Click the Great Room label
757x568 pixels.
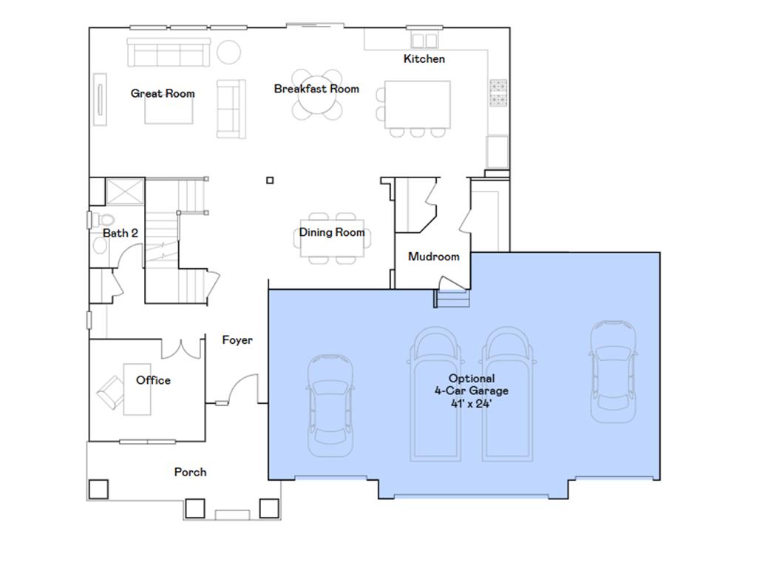click(x=163, y=93)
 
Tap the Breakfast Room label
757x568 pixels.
click(x=316, y=89)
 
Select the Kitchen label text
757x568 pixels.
click(x=424, y=58)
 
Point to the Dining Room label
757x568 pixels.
click(x=332, y=232)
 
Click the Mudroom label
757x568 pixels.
click(x=434, y=257)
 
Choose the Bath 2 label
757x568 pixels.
click(x=120, y=233)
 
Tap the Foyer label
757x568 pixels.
click(x=237, y=340)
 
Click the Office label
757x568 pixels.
click(x=153, y=380)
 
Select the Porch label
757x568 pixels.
click(x=190, y=472)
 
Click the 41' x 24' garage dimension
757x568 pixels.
click(x=472, y=404)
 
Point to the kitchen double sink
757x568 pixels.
click(x=424, y=40)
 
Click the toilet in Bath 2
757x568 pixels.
click(x=104, y=220)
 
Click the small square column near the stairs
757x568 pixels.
click(x=271, y=180)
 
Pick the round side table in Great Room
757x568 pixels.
click(x=228, y=52)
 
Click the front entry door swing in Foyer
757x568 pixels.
click(x=242, y=389)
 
